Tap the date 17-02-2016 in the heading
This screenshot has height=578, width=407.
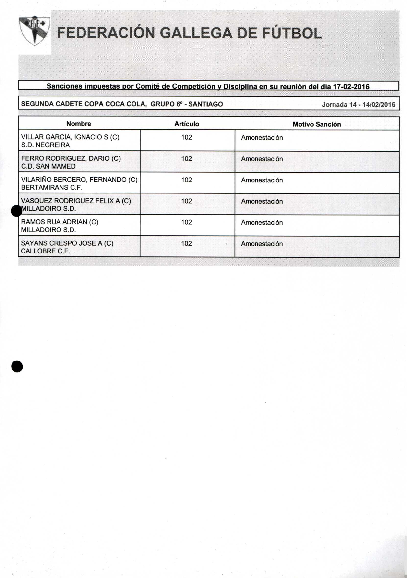point(351,87)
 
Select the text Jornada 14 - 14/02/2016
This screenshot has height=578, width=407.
point(359,105)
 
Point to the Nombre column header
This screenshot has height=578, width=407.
point(79,124)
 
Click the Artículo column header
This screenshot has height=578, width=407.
point(187,124)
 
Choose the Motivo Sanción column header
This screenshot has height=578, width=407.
point(317,124)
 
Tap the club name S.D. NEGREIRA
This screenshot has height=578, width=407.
point(45,145)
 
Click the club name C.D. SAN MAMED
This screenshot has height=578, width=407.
point(48,166)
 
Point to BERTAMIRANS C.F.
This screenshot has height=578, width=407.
point(52,188)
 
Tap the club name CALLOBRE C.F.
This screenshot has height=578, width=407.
point(45,251)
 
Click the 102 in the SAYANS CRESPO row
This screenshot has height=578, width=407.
point(187,243)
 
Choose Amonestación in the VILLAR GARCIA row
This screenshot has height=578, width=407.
point(262,138)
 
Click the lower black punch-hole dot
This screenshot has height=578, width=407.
point(17,366)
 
